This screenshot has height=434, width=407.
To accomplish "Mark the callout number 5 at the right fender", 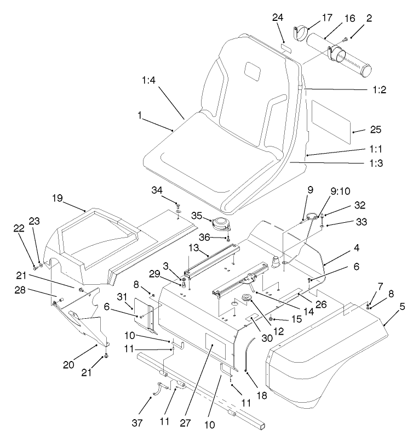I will (x=388, y=307).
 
